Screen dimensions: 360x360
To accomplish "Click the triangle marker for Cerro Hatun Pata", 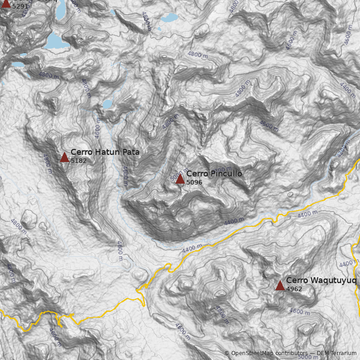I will (x=64, y=157).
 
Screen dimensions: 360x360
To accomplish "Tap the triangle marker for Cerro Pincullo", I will (x=180, y=179).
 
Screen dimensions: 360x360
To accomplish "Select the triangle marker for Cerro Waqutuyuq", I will (x=280, y=285).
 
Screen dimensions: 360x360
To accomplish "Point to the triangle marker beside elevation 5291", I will (x=6, y=4).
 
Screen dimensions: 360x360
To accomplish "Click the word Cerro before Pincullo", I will (x=196, y=174).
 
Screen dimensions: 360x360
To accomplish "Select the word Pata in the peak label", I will (x=130, y=152).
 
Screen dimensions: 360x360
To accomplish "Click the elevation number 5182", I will (x=78, y=161).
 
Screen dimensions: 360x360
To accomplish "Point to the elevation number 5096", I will (x=194, y=182).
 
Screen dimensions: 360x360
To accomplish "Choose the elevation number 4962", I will (x=294, y=289).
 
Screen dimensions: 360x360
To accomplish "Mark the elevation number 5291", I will (x=20, y=7).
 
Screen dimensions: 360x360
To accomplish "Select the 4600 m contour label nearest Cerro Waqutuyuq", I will (x=299, y=311).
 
